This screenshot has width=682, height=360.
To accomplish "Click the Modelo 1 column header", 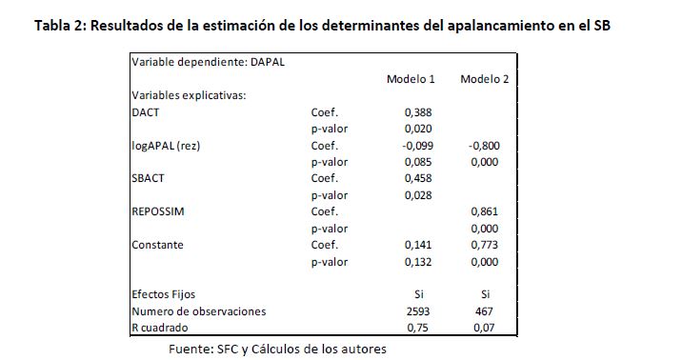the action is point(411,79).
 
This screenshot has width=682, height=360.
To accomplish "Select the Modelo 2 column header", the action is point(485,79).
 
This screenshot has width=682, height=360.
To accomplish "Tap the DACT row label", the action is point(146,112).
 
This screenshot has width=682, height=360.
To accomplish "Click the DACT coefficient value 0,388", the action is point(418,112).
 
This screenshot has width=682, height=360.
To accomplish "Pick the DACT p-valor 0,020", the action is point(418,129).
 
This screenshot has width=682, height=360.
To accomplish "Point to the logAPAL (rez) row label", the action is point(166,146).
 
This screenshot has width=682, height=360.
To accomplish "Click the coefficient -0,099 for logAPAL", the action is point(417,146).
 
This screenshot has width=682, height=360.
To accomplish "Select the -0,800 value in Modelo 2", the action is point(484,146).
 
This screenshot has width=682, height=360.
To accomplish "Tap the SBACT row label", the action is point(148,178).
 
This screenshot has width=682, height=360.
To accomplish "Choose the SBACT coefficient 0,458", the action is point(418,178).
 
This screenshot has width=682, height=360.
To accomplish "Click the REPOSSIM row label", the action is point(158,211).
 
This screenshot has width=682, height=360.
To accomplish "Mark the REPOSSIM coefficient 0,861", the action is point(485,211).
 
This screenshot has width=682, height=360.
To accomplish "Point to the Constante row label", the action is point(157,245).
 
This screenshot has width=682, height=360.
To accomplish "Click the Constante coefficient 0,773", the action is point(485,245).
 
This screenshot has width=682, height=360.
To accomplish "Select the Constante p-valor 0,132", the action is point(418,262).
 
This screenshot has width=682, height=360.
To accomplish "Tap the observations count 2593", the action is point(418,311).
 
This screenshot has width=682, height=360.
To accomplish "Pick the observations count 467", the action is point(484,311).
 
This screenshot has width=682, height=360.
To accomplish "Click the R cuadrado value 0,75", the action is point(417,328).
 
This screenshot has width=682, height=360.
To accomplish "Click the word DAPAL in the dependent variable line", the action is point(268,62).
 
